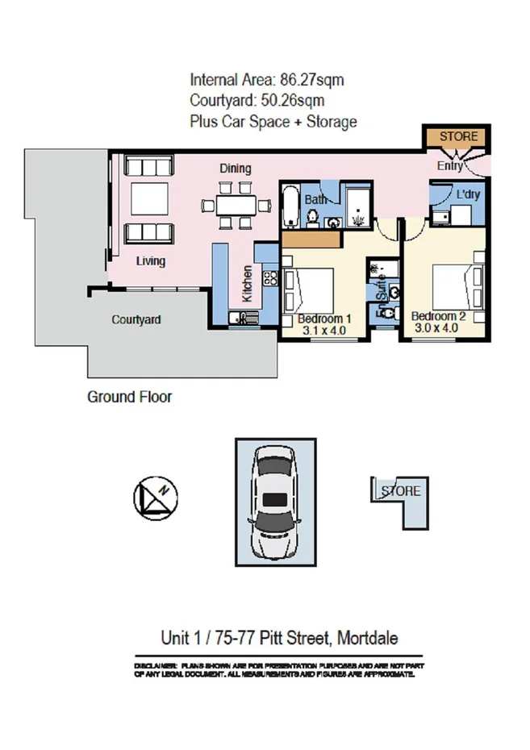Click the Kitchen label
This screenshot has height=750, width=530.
pyautogui.click(x=247, y=283)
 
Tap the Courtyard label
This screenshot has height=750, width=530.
pyautogui.click(x=136, y=319)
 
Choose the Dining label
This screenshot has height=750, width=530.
pyautogui.click(x=235, y=169)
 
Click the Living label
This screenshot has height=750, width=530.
pyautogui.click(x=150, y=260)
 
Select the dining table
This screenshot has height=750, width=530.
pyautogui.click(x=234, y=203)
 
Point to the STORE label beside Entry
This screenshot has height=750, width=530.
pyautogui.click(x=458, y=136)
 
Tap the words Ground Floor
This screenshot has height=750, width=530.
pyautogui.click(x=129, y=397)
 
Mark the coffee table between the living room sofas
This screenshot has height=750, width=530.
pyautogui.click(x=149, y=198)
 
